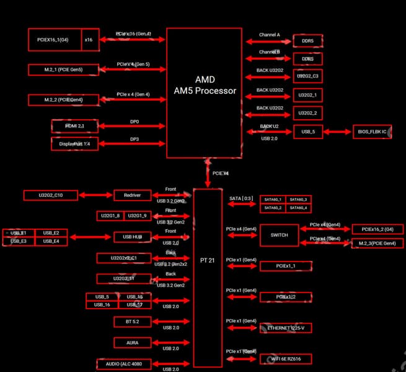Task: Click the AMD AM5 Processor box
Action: point(205,93)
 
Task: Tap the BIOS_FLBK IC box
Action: point(372,132)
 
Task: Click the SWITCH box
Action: point(279,235)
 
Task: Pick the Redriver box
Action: point(132,195)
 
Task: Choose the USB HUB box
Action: point(132,237)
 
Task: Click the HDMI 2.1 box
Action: point(74,126)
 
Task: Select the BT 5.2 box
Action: point(132,322)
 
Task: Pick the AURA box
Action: point(132,343)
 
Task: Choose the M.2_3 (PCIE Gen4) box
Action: point(377,243)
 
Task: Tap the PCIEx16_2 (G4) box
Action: point(377,229)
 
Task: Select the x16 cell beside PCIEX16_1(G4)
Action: point(90,39)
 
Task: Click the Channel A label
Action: point(269,35)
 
